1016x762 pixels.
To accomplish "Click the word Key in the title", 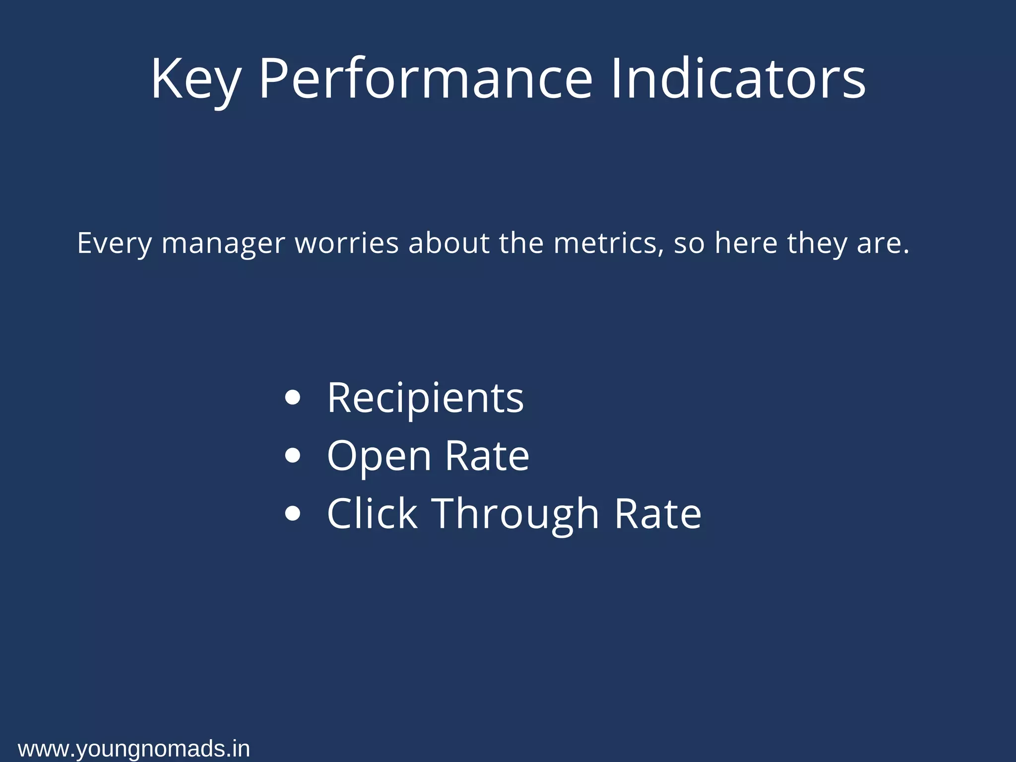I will coord(195,79).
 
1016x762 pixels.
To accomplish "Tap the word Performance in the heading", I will coord(426,79).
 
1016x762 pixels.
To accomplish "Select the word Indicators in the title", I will coord(738,79).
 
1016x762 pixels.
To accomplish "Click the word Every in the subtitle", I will coord(114,244).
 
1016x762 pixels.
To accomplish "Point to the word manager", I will coord(223,244).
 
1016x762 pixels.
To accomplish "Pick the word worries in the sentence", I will coord(347,243).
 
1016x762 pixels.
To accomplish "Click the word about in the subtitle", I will coord(448,243).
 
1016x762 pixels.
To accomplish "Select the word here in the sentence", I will coord(746,243).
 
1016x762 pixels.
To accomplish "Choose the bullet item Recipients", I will coord(425,398).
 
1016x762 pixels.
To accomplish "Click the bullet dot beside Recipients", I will coord(293,398).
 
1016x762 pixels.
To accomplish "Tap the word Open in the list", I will coord(379,456).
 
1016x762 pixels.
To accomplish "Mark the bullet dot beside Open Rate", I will coord(293,455).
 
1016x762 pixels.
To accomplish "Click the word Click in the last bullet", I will coord(372,513).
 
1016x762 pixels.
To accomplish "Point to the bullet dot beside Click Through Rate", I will coord(293,513).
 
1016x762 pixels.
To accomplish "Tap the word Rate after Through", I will coord(657,513).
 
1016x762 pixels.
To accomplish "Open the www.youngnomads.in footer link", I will coord(134,749).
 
